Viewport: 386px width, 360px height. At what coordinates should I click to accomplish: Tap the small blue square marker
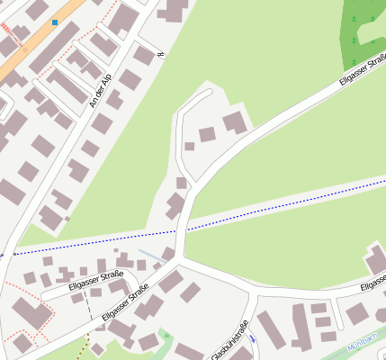pyautogui.click(x=55, y=22)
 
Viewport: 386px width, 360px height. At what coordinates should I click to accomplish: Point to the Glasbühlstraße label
pyautogui.click(x=229, y=341)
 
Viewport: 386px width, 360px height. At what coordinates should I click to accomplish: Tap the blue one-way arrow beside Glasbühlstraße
pyautogui.click(x=253, y=338)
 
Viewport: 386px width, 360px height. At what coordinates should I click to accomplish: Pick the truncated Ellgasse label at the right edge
pyautogui.click(x=373, y=285)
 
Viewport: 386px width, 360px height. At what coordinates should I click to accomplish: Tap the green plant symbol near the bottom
pyautogui.click(x=166, y=334)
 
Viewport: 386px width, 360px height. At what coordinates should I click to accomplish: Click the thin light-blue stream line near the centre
pyautogui.click(x=152, y=256)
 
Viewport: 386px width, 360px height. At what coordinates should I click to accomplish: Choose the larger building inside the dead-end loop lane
pyautogui.click(x=234, y=122)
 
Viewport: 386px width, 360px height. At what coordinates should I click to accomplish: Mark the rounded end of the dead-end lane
pyautogui.click(x=207, y=91)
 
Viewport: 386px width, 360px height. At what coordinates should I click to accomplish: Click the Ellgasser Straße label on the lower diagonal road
pyautogui.click(x=125, y=302)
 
